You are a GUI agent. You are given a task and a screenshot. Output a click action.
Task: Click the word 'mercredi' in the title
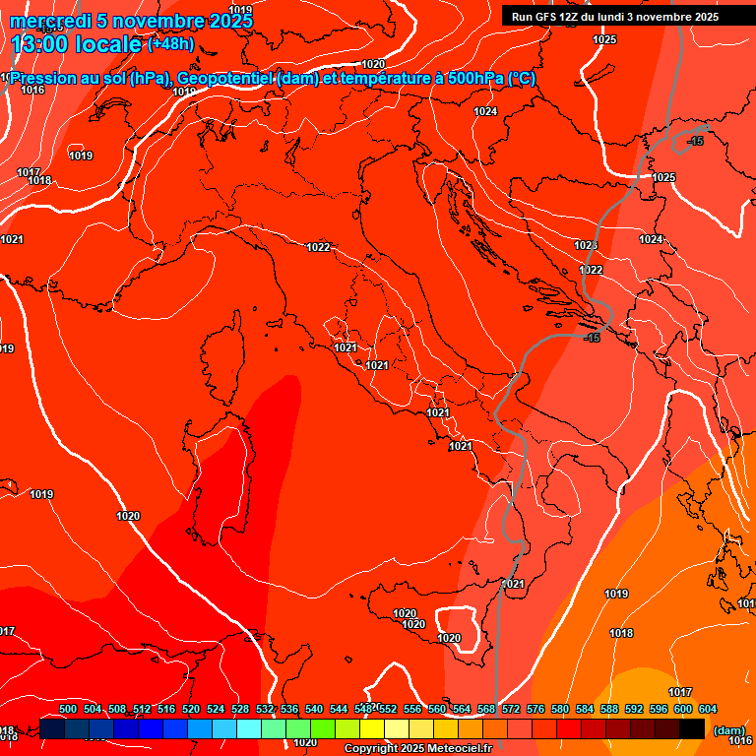51,21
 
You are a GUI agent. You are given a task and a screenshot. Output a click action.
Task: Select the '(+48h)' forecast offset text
170,44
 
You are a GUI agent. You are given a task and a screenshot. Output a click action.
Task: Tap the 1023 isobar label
587,245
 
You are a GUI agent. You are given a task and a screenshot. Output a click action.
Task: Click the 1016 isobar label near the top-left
32,90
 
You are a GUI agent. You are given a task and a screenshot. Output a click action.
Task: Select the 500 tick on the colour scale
68,709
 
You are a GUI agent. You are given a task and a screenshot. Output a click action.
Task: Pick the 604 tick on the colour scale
708,709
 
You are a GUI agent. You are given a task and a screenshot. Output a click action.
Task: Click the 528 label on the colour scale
240,709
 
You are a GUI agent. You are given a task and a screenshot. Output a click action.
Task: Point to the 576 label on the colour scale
535,709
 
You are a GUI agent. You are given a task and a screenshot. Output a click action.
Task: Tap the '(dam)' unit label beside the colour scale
728,730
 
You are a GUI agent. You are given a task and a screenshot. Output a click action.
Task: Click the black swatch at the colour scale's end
692,728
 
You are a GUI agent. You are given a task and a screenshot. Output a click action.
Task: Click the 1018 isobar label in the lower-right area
621,633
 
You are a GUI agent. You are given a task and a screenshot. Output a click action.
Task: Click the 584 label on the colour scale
585,709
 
